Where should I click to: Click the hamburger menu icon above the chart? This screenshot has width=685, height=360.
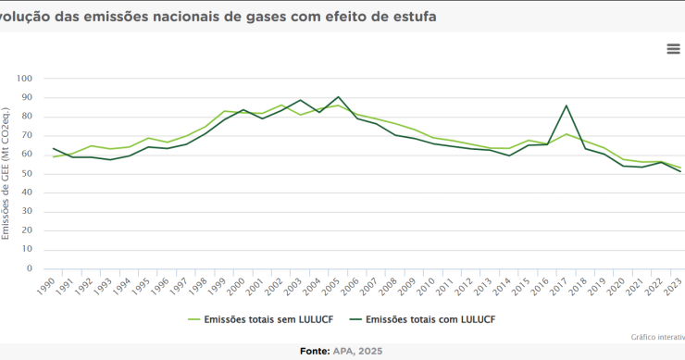point(673,49)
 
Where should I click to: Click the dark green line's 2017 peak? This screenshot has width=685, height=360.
point(567,106)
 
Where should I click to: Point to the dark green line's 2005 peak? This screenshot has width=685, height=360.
point(339,96)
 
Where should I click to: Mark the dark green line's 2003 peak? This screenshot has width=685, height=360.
point(301,100)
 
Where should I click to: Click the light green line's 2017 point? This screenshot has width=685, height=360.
point(567,134)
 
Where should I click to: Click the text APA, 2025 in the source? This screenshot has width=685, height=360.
point(360,352)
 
